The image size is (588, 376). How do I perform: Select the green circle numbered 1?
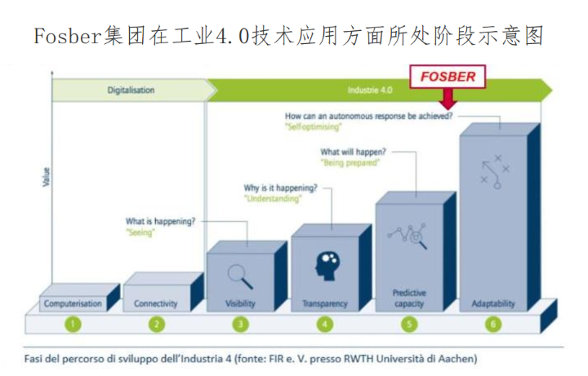pyautogui.click(x=73, y=324)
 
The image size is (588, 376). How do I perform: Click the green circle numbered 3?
pyautogui.click(x=240, y=324)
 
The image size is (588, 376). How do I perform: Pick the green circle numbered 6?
pyautogui.click(x=493, y=324)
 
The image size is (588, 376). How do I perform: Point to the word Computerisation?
pyautogui.click(x=73, y=303)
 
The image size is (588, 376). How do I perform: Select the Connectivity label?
pyautogui.click(x=155, y=303)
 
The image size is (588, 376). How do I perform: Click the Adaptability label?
pyautogui.click(x=493, y=303)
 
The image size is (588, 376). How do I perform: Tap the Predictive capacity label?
pyautogui.click(x=409, y=298)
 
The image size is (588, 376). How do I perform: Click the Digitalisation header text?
pyautogui.click(x=131, y=90)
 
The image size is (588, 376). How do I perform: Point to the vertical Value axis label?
pyautogui.click(x=46, y=175)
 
